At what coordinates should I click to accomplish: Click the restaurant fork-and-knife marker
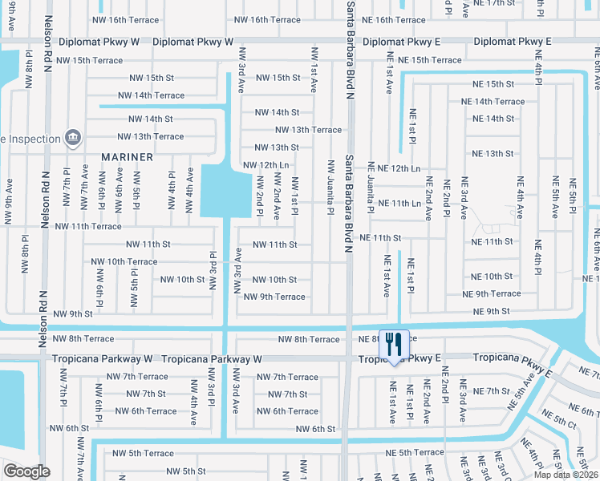[x=393, y=345]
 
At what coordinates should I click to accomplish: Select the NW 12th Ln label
[x=265, y=165]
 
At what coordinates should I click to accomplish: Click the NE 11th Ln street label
[x=399, y=204]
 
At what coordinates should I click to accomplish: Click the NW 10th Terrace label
[x=124, y=261]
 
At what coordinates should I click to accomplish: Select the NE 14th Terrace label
[x=493, y=102]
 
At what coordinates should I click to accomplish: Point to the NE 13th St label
[x=493, y=153]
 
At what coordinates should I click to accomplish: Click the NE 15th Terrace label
[x=424, y=60]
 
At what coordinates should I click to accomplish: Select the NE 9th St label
[x=492, y=311]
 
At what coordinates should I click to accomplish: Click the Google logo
[x=27, y=471]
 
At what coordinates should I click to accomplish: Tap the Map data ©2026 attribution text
[x=565, y=475]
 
